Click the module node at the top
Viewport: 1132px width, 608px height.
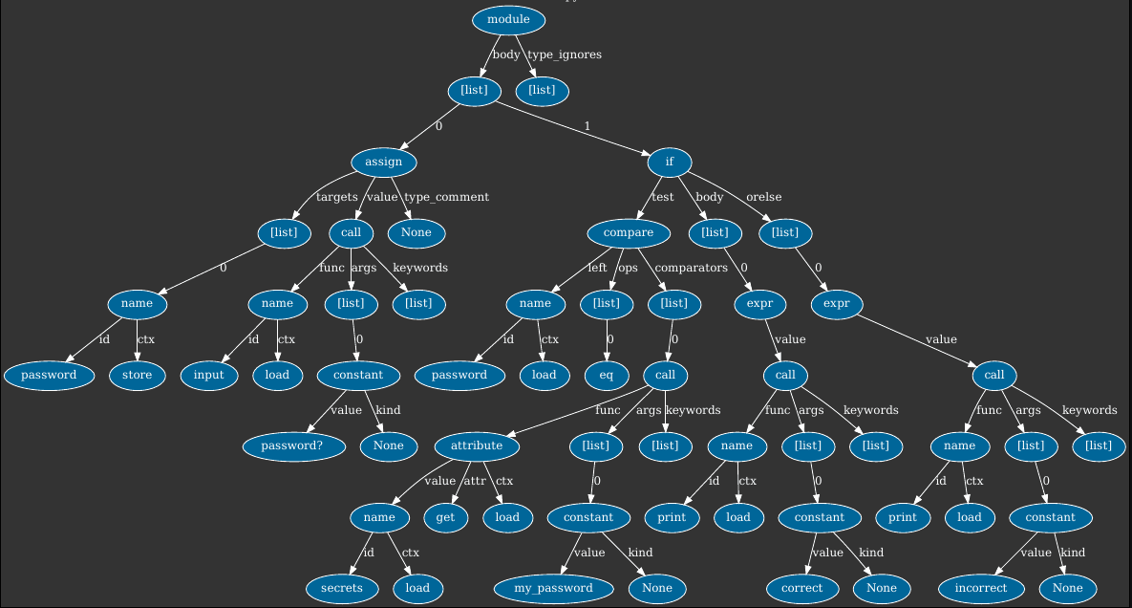(508, 20)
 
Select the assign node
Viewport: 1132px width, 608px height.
(383, 162)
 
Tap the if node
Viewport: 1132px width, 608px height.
(669, 162)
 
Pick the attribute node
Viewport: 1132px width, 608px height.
(476, 445)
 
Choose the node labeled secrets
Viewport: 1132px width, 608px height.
(341, 588)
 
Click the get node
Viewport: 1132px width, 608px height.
(445, 517)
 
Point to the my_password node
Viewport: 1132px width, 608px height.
(553, 588)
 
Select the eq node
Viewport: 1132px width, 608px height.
(606, 375)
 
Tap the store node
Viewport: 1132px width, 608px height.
(137, 375)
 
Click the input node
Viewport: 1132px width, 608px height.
(208, 375)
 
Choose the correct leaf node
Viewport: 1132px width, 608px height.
(801, 588)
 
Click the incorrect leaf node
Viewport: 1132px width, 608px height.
(981, 588)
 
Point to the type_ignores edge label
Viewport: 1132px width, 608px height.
(565, 54)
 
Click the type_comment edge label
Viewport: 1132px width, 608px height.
(446, 197)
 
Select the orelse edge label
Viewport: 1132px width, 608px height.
(763, 197)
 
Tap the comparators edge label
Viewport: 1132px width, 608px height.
(691, 268)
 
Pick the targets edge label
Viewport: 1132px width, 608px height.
(336, 197)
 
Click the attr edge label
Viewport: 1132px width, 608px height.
(475, 481)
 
